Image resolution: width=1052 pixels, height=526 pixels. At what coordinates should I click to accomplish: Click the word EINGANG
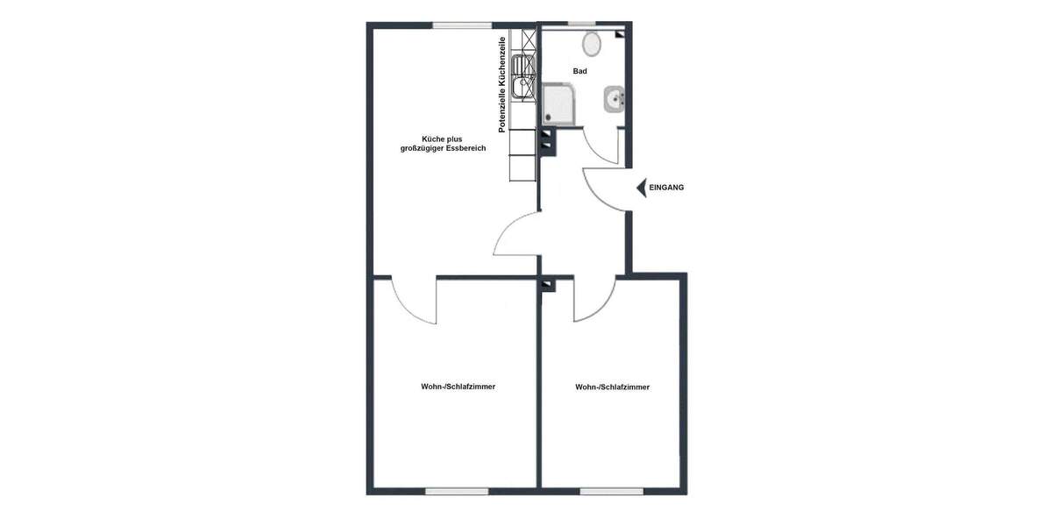pos(666,188)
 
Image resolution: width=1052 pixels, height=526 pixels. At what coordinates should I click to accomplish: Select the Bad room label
pos(580,71)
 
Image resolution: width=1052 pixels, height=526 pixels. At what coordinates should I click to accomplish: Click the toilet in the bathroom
pos(592,43)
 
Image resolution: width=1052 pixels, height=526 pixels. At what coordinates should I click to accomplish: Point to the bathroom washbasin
pos(614,101)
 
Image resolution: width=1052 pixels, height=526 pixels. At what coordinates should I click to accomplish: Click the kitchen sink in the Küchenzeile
pos(523,76)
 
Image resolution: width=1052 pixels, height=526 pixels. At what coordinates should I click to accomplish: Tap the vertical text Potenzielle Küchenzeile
pos(502,85)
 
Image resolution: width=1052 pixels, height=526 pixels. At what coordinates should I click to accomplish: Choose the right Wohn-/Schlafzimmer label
pos(613,387)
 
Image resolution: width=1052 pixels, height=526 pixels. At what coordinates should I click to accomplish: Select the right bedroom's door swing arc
pos(594,303)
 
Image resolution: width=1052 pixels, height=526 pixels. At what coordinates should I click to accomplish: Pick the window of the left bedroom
pos(456,491)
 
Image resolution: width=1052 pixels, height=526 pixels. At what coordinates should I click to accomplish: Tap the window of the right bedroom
pos(611,491)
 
